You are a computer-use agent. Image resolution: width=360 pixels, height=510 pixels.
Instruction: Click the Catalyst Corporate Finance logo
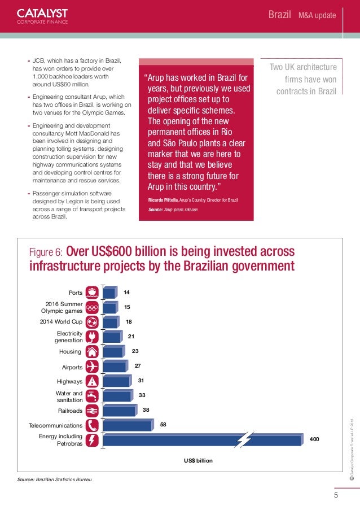point(42,16)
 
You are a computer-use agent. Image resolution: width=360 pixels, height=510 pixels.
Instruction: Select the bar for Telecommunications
point(128,425)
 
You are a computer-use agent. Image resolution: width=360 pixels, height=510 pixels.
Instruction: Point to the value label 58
point(163,424)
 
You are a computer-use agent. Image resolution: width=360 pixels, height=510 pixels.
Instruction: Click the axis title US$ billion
point(198,461)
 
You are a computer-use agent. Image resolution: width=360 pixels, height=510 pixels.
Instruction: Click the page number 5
point(336,496)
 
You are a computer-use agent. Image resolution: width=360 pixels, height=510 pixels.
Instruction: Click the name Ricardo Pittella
point(163,202)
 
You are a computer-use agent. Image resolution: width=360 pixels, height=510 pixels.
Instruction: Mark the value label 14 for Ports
point(127,292)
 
